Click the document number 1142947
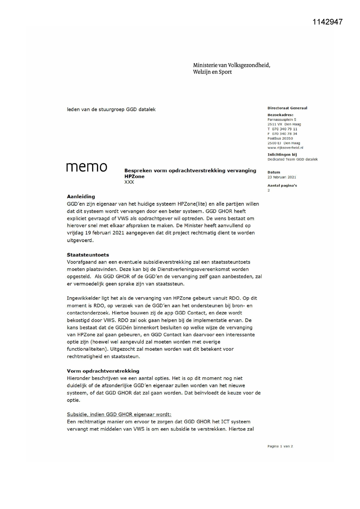pos(328,22)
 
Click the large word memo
pos(87,167)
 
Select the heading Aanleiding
pos(81,196)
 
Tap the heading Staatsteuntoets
pos(88,255)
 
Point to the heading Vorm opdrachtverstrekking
pos(103,371)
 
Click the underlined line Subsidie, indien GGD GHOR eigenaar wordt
pos(119,414)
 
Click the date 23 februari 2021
pos(282,177)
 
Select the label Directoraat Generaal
pos(287,108)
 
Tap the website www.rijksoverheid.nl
pos(285,148)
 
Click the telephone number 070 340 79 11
pos(285,129)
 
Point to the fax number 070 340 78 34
pos(285,134)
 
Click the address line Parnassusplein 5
pos(282,120)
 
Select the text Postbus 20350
pos(280,138)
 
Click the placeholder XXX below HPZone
pos(129,182)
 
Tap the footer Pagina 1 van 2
pos(280,446)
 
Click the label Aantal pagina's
pos(282,185)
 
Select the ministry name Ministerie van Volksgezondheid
pos(231,65)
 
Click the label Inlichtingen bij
pos(282,154)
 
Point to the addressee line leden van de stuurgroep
pos(111,109)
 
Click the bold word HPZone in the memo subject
pos(134,176)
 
